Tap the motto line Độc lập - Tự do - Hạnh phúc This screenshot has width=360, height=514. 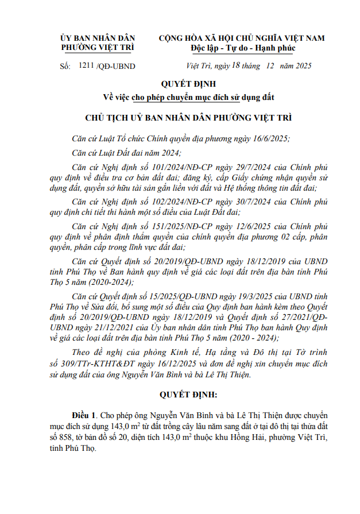pos(241,48)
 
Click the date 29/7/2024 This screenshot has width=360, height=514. pos(235,167)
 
